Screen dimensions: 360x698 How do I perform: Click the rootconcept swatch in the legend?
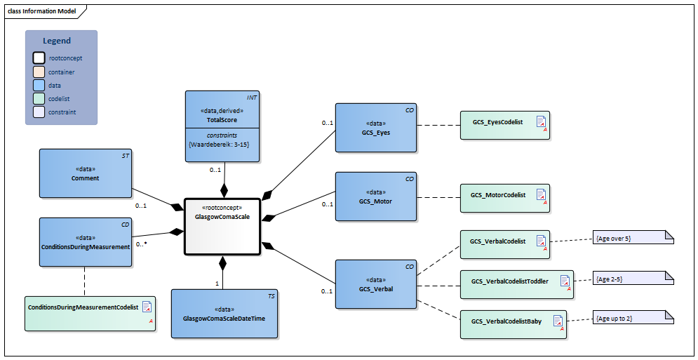pos(39,58)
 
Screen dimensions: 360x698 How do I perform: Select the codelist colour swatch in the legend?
pos(39,98)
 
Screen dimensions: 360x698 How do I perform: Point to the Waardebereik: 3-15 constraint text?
pos(222,144)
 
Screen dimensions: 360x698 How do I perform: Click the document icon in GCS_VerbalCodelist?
pos(540,241)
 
